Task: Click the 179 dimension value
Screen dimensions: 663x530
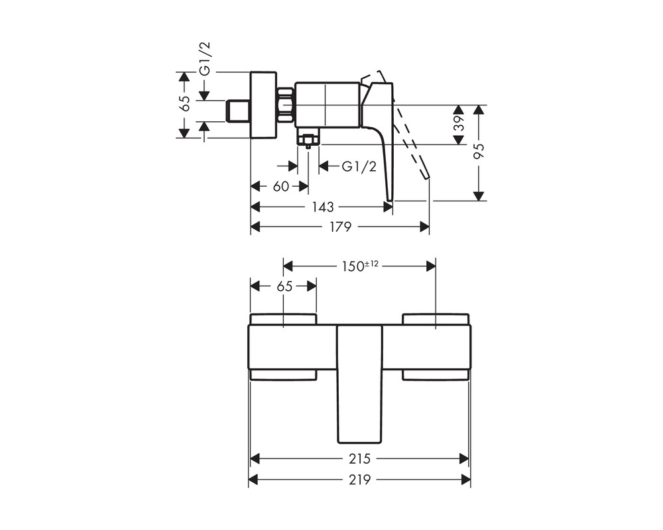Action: click(340, 227)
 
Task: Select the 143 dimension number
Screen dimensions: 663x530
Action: click(323, 207)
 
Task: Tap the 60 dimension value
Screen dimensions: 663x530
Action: click(280, 186)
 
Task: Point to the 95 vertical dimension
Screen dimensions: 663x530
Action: click(478, 151)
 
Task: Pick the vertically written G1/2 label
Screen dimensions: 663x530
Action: click(205, 59)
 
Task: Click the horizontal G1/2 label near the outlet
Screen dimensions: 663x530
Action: click(359, 166)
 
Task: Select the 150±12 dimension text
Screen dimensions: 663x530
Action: click(360, 266)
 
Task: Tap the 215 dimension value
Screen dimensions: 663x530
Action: click(359, 458)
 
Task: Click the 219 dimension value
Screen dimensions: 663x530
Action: click(359, 480)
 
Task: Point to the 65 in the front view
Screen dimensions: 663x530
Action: click(284, 287)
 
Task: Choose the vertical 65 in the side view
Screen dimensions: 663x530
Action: click(184, 103)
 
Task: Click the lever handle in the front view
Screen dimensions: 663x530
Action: click(359, 384)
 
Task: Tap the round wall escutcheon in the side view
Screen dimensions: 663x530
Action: click(263, 105)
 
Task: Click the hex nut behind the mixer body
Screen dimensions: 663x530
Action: click(286, 105)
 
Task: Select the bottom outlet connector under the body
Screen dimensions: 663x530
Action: click(308, 139)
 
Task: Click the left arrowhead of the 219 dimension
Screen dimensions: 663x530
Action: click(253, 480)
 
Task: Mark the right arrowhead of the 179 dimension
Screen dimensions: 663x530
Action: click(424, 227)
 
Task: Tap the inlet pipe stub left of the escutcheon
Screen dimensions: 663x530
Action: click(239, 111)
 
